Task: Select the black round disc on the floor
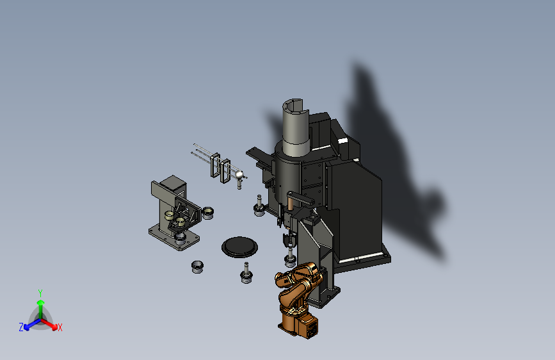tap(239, 247)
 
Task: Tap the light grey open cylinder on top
tap(296, 127)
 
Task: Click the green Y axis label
tap(40, 293)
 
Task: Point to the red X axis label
tap(60, 327)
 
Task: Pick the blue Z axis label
tap(21, 327)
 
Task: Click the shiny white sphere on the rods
tap(239, 174)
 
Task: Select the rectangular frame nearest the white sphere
tap(225, 171)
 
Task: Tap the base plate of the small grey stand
tap(174, 238)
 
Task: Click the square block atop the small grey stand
tap(173, 184)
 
